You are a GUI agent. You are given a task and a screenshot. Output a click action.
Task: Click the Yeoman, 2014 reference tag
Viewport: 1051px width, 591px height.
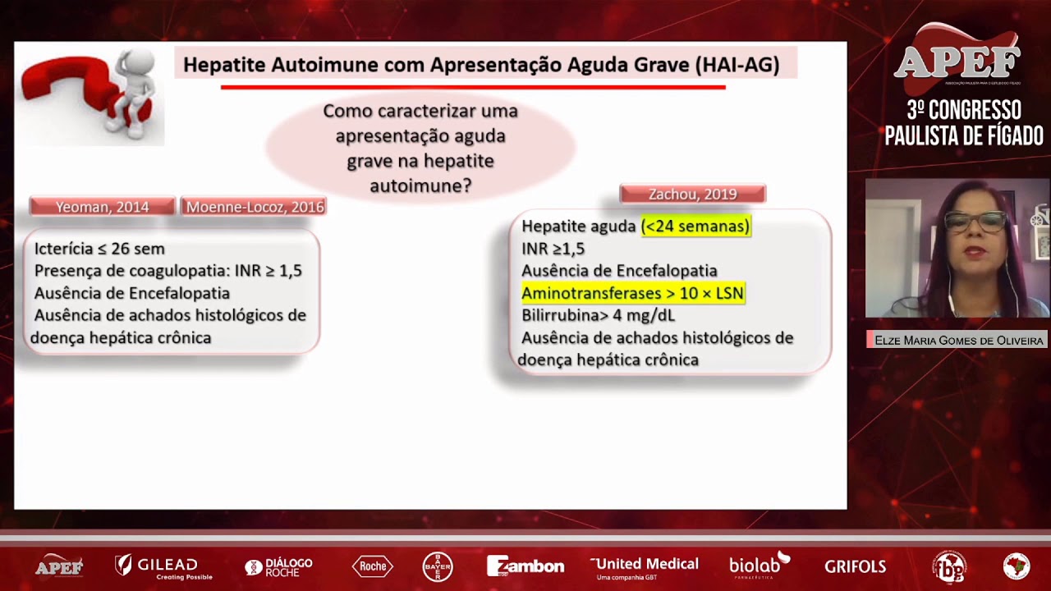coord(103,207)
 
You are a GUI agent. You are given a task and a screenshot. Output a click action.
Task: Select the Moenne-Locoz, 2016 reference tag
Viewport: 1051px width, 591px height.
coord(255,207)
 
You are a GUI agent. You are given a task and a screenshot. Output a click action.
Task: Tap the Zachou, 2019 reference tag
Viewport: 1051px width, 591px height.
coord(692,195)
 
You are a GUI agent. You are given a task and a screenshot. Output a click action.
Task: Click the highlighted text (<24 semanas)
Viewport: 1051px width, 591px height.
coord(695,226)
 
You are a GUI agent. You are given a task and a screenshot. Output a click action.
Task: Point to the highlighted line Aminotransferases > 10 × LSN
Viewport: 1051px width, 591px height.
coord(632,293)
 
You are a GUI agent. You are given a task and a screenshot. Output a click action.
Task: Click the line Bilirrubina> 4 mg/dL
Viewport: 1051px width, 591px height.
coord(598,315)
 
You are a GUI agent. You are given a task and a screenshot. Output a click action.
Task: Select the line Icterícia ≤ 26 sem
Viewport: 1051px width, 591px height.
coord(99,248)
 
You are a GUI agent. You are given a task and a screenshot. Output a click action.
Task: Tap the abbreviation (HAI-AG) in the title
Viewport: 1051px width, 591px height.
coord(737,64)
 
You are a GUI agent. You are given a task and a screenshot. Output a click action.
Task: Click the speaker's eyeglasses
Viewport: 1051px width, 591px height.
coord(975,221)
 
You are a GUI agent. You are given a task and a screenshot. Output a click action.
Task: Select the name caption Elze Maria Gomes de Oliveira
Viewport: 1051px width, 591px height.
coord(958,340)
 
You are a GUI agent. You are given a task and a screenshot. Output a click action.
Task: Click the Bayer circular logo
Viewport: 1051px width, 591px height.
coord(438,566)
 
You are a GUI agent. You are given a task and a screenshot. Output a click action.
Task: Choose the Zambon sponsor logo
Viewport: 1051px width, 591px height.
coord(525,566)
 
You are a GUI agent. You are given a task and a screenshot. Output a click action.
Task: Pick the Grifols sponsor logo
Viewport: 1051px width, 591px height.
coord(855,566)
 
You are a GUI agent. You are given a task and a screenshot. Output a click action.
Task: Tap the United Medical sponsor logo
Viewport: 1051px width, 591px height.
coord(645,566)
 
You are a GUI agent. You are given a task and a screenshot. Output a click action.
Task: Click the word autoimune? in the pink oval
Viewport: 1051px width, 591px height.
coord(420,186)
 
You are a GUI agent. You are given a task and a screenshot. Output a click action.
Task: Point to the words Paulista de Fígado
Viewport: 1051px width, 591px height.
coord(964,135)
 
